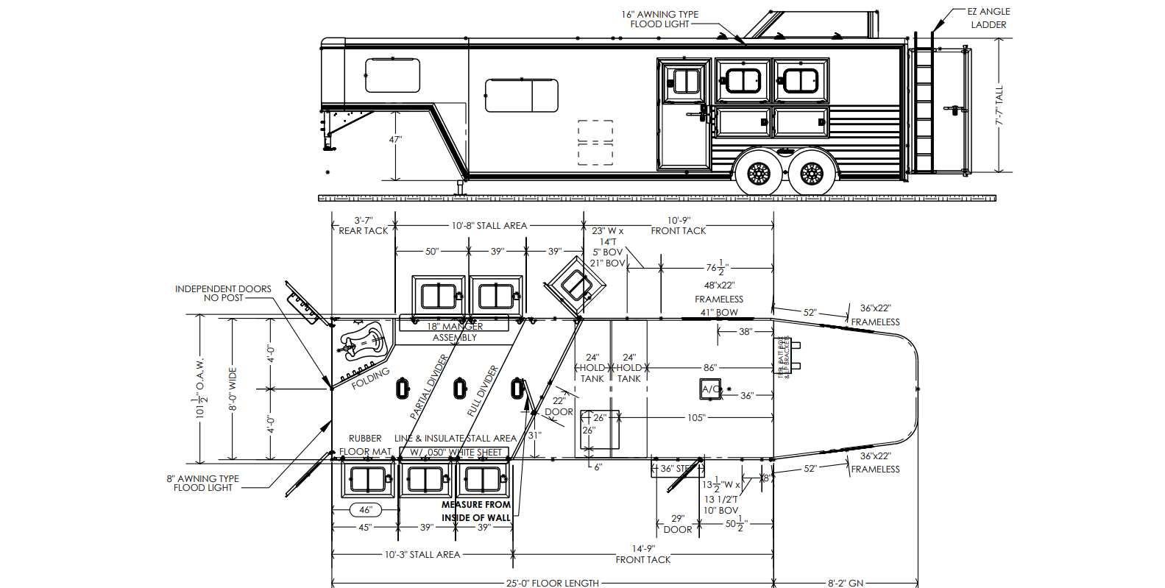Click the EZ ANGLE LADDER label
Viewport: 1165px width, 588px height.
tap(988, 18)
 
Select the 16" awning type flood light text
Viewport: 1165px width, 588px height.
tap(659, 19)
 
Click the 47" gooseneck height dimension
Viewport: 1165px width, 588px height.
tap(395, 139)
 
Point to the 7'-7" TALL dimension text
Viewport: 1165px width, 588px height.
tap(999, 105)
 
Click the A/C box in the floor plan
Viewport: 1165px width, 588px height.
tap(711, 389)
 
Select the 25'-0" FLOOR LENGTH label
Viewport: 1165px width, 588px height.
tap(552, 583)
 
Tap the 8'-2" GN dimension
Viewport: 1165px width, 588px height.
tap(845, 583)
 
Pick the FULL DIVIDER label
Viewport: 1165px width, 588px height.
tap(483, 391)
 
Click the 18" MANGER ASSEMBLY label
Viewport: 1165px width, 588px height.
tap(455, 331)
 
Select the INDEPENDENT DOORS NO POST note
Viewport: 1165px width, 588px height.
tap(223, 293)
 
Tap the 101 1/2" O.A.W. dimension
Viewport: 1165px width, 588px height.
tap(200, 388)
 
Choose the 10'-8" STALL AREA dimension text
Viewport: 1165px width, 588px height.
tap(489, 226)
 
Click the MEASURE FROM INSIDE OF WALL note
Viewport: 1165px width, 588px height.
tap(475, 511)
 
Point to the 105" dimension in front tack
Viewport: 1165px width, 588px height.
tap(695, 417)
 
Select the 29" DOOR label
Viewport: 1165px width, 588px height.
tap(678, 524)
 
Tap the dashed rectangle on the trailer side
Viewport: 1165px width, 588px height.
tap(595, 142)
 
